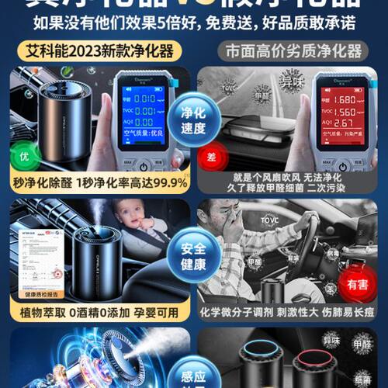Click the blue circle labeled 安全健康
(x=194, y=257)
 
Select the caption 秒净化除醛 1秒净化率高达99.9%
(x=96, y=183)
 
